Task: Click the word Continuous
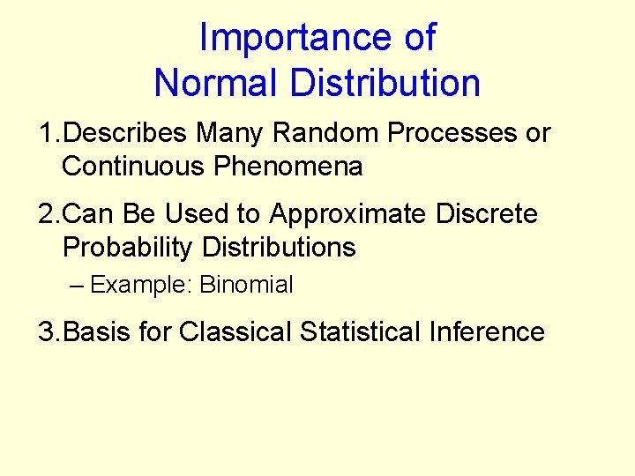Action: [x=133, y=167]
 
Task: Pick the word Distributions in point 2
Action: [x=279, y=248]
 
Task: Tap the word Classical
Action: [x=235, y=332]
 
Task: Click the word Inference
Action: [x=487, y=332]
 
